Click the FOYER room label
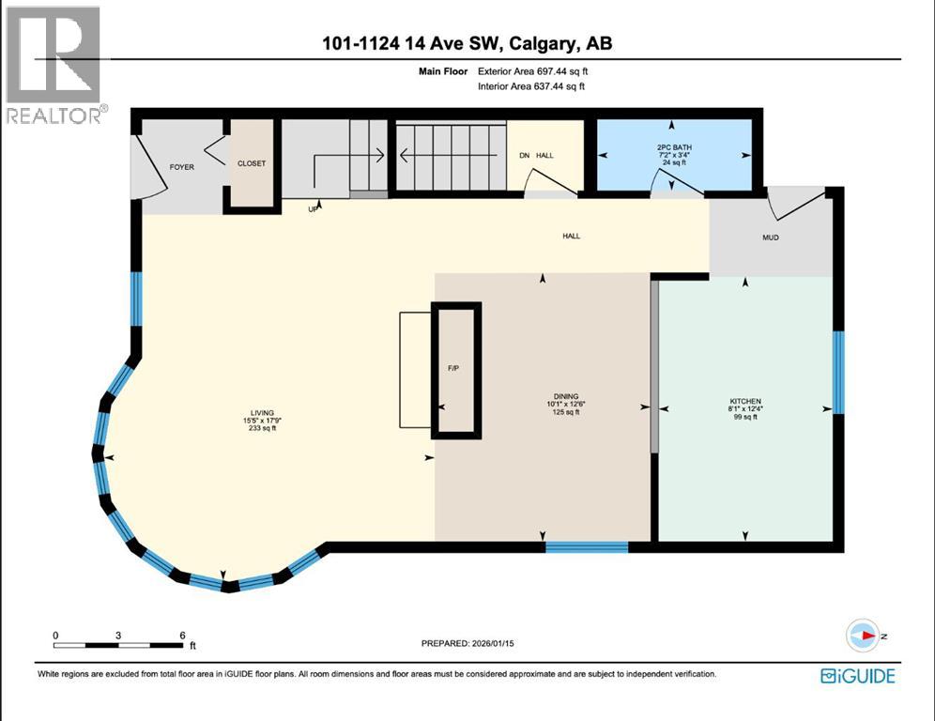coord(181,167)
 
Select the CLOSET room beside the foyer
coord(252,163)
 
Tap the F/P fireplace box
coord(455,369)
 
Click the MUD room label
coord(770,238)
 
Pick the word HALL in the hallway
coord(571,236)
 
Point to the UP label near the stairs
coord(314,209)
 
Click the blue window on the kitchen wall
coord(839,372)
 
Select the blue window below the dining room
coord(587,546)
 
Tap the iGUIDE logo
coord(857,675)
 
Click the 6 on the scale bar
coord(182,636)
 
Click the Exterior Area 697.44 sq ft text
coord(533,70)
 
